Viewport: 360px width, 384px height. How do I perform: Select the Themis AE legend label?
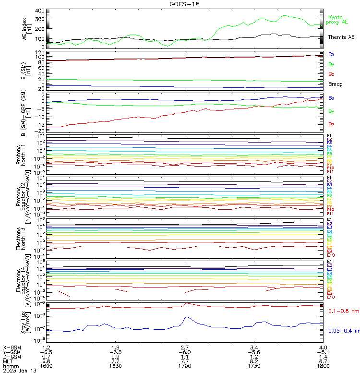coord(341,37)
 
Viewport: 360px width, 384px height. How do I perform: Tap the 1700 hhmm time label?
coord(185,366)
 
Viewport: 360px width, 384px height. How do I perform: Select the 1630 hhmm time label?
coord(116,366)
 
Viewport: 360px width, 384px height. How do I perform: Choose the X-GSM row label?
coord(12,347)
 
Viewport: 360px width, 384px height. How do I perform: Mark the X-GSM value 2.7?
coord(185,347)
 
